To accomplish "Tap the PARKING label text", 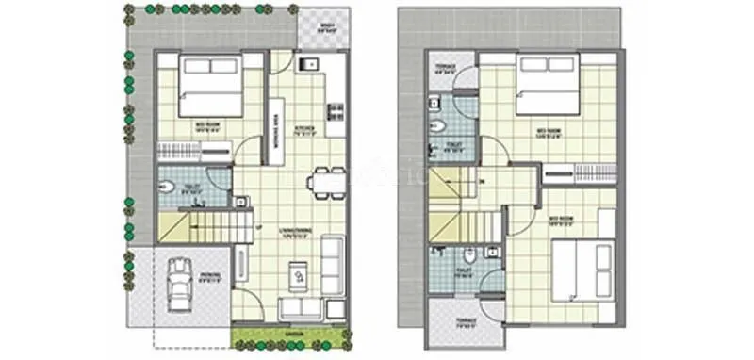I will coord(209,275).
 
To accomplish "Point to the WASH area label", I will coord(327,26).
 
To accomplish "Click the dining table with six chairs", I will coord(324,181).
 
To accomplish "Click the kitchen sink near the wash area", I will coord(309,65).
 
